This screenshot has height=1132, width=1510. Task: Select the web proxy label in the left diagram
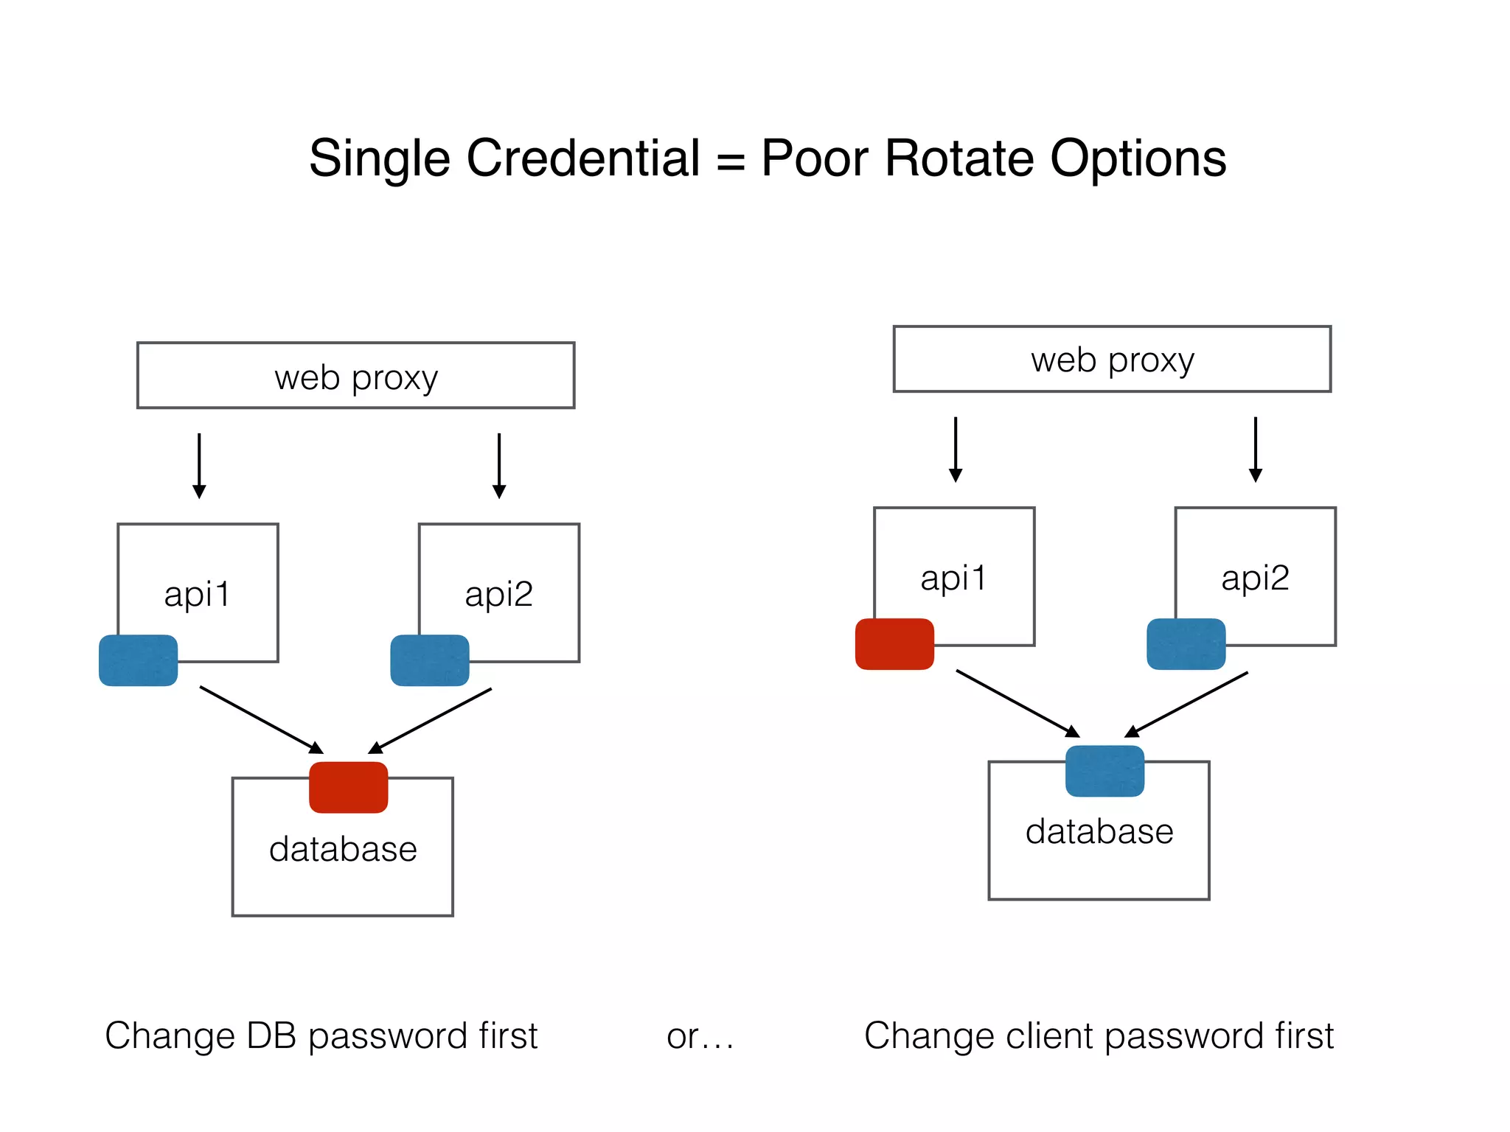point(356,378)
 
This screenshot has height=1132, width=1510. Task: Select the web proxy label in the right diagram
point(1112,361)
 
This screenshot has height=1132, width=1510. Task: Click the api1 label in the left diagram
point(198,594)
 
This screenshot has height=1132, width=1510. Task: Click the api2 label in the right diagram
point(1255,578)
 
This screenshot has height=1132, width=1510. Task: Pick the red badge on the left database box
point(348,787)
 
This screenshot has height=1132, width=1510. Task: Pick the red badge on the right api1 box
point(894,644)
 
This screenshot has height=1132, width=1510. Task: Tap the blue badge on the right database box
point(1104,771)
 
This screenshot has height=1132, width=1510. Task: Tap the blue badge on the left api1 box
point(139,660)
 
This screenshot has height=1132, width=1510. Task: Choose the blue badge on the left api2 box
point(430,660)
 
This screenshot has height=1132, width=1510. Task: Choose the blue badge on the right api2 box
point(1186,644)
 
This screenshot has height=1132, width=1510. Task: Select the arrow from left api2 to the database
point(430,721)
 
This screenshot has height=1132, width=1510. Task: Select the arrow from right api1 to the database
point(1017,703)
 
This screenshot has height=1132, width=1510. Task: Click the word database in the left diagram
point(343,849)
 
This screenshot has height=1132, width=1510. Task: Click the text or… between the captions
point(700,1036)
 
